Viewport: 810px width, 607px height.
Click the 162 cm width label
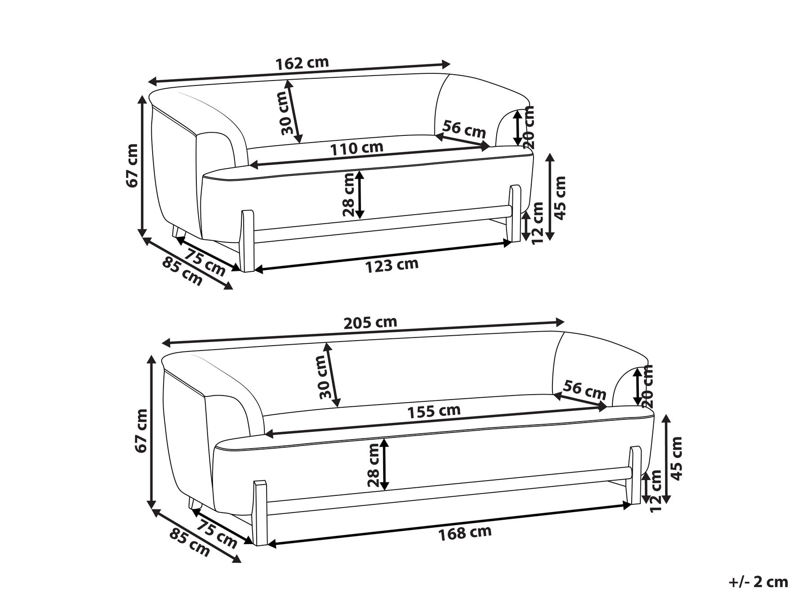point(303,63)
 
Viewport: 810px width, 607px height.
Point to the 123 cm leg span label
point(392,265)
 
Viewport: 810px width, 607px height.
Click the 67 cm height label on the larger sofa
point(143,431)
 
